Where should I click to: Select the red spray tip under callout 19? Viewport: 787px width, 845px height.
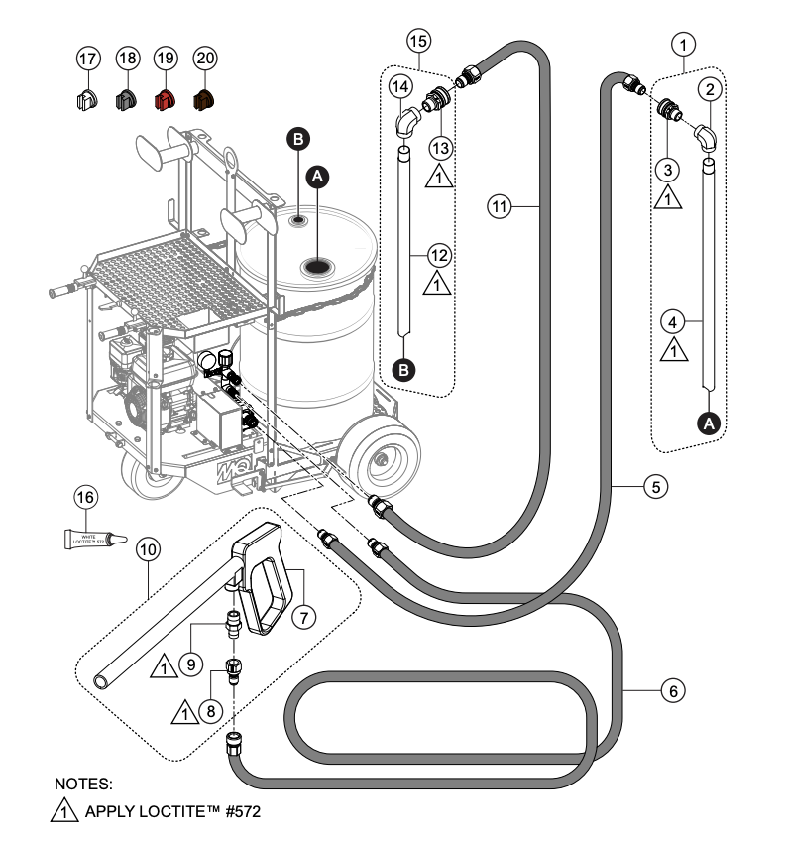tap(166, 100)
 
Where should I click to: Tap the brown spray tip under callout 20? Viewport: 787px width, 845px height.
tap(204, 100)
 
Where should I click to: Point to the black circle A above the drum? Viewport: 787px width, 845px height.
tap(317, 175)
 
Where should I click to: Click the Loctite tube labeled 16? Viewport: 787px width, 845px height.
tap(94, 539)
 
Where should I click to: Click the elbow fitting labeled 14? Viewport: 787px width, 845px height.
tap(406, 125)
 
